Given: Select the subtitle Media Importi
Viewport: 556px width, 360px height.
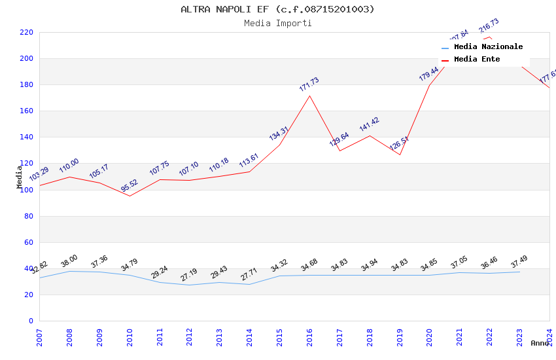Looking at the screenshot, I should (x=277, y=23).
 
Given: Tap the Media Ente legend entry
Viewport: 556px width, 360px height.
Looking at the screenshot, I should (x=477, y=60).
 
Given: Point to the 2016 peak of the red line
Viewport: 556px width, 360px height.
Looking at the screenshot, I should (x=309, y=96).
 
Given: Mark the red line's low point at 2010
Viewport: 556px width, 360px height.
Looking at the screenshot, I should (x=130, y=196).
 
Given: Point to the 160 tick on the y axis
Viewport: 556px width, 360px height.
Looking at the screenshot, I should (x=26, y=111).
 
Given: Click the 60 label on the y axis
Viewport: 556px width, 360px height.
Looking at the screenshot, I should (x=28, y=242).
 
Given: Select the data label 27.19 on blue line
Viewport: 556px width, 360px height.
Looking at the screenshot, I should (x=189, y=275).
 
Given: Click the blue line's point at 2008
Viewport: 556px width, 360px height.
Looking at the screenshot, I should (x=69, y=271).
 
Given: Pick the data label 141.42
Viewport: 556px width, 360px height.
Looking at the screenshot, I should (x=369, y=124).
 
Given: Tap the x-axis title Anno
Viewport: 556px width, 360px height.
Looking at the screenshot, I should (x=540, y=343).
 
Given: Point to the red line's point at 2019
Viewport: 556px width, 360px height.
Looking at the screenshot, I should (x=400, y=154).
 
